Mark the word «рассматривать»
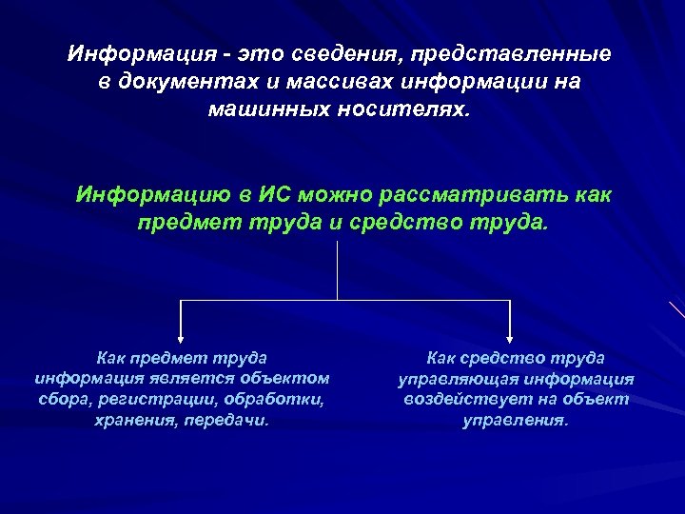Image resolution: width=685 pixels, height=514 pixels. pos(474,195)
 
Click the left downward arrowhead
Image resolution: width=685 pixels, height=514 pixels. pos(182,337)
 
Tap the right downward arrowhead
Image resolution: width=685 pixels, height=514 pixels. pos(511,337)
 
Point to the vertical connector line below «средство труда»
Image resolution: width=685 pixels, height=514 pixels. pos(338,271)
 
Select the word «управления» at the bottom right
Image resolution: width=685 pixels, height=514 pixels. pos(514,420)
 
